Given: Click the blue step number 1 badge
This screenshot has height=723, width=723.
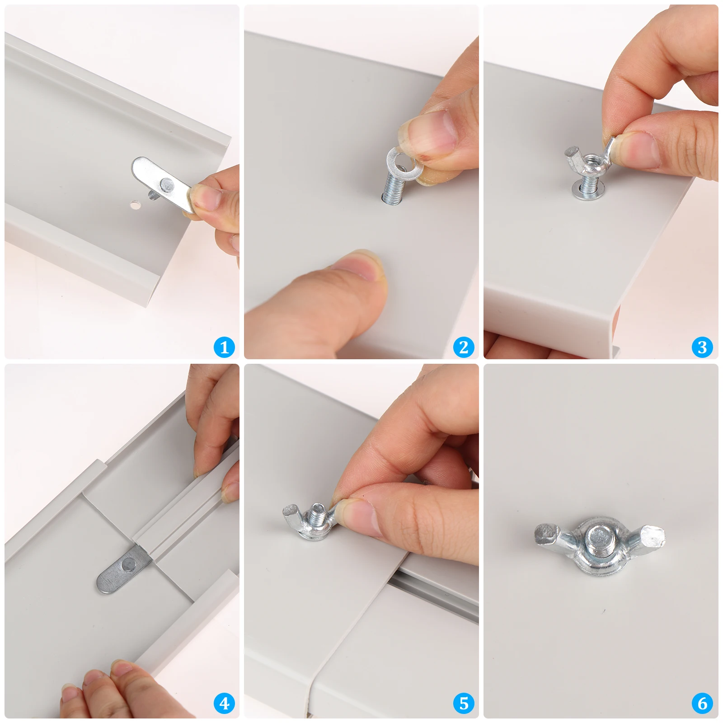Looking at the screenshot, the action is coord(224,347).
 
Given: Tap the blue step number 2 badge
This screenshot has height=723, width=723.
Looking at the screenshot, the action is coord(464,347).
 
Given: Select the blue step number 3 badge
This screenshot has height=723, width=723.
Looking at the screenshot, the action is coord(702,347).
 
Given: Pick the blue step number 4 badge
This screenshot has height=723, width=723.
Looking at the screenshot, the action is coord(224,703).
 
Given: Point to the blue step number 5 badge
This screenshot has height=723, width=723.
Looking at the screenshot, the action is coord(464,703).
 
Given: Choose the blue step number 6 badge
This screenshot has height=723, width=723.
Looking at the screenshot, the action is coord(702,703).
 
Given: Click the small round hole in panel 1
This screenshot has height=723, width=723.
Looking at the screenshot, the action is coord(135,205).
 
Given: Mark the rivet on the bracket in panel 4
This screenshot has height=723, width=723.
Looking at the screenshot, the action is coord(128,563).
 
